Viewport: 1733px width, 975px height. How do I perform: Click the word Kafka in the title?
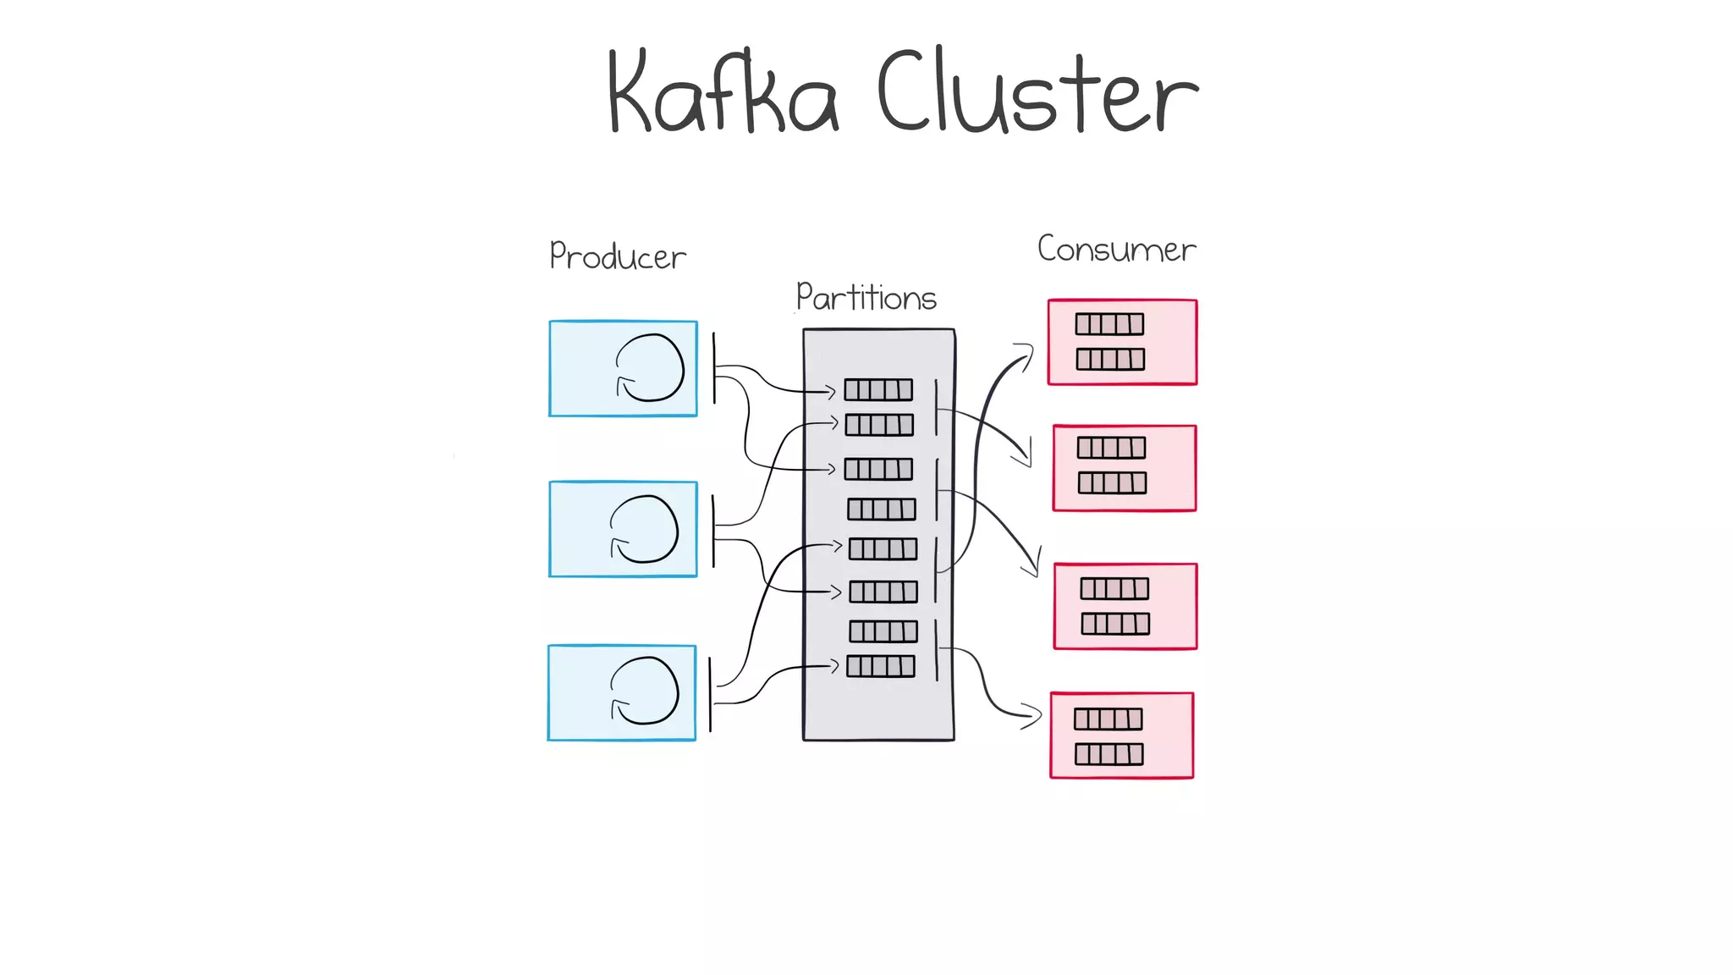pyautogui.click(x=723, y=93)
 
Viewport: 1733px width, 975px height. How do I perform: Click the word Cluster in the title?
pyautogui.click(x=1037, y=93)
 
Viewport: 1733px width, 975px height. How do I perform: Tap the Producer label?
pyautogui.click(x=618, y=256)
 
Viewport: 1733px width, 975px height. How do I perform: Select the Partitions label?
pyautogui.click(x=866, y=297)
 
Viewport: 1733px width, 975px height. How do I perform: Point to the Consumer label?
pyautogui.click(x=1116, y=249)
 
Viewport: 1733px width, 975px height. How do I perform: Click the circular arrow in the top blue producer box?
pyautogui.click(x=650, y=367)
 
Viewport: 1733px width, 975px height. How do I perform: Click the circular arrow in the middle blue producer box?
pyautogui.click(x=645, y=529)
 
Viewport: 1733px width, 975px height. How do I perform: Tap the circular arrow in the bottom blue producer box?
pyautogui.click(x=645, y=691)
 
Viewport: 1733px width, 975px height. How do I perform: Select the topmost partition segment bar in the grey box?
pyautogui.click(x=878, y=389)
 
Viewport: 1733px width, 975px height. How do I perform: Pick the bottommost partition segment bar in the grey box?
pyautogui.click(x=881, y=666)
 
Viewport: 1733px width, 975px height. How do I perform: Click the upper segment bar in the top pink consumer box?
pyautogui.click(x=1109, y=324)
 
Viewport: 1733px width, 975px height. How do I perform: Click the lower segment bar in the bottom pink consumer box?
pyautogui.click(x=1109, y=754)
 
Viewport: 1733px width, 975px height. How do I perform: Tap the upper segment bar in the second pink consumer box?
pyautogui.click(x=1111, y=448)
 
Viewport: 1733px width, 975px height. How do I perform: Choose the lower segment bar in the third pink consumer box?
pyautogui.click(x=1115, y=624)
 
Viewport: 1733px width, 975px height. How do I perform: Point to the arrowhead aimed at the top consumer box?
pyautogui.click(x=1026, y=354)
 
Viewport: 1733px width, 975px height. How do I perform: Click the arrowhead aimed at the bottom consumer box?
pyautogui.click(x=1032, y=716)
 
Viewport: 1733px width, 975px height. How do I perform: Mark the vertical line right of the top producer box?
pyautogui.click(x=714, y=367)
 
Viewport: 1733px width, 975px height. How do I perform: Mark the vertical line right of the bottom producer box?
pyautogui.click(x=710, y=694)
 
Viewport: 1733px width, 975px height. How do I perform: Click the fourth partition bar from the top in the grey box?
pyautogui.click(x=882, y=509)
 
